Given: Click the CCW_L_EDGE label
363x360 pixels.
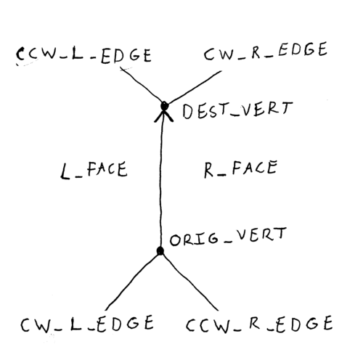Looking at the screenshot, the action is (x=83, y=55).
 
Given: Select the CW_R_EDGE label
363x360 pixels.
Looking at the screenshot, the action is (x=266, y=52).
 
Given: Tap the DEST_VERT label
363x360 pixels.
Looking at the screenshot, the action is (x=237, y=110).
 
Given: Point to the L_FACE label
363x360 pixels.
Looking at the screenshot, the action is (x=94, y=171).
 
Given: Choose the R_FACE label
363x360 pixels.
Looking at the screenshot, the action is (x=240, y=168).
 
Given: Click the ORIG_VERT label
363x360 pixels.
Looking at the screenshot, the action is (x=228, y=237).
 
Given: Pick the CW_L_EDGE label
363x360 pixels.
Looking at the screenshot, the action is (x=87, y=323).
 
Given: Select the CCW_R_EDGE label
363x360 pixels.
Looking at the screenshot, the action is (x=259, y=324).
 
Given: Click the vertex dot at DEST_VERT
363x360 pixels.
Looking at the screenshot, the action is (x=165, y=106).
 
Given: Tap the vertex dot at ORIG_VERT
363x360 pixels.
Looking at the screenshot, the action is (x=160, y=250).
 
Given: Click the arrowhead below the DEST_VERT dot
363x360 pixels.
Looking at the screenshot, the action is (x=164, y=115).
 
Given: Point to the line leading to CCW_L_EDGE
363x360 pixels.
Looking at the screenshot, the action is (x=141, y=85).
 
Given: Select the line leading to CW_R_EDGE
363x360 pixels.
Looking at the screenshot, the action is (x=195, y=87).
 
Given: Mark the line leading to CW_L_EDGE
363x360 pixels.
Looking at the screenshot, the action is (x=132, y=282).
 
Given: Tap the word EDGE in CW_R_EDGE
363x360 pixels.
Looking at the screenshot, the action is (x=303, y=49).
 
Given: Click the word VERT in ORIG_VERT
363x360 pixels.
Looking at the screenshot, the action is (x=261, y=234).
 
